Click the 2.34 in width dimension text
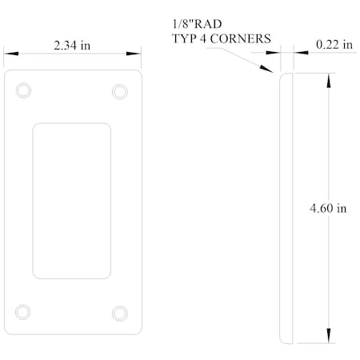pos(71,46)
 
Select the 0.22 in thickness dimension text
pos(335,46)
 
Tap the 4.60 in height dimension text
pos(329,209)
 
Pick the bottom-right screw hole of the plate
pos(120,312)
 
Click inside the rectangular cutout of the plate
pos(71,201)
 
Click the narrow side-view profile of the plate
pos(287,208)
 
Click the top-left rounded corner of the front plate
pos(8,74)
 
